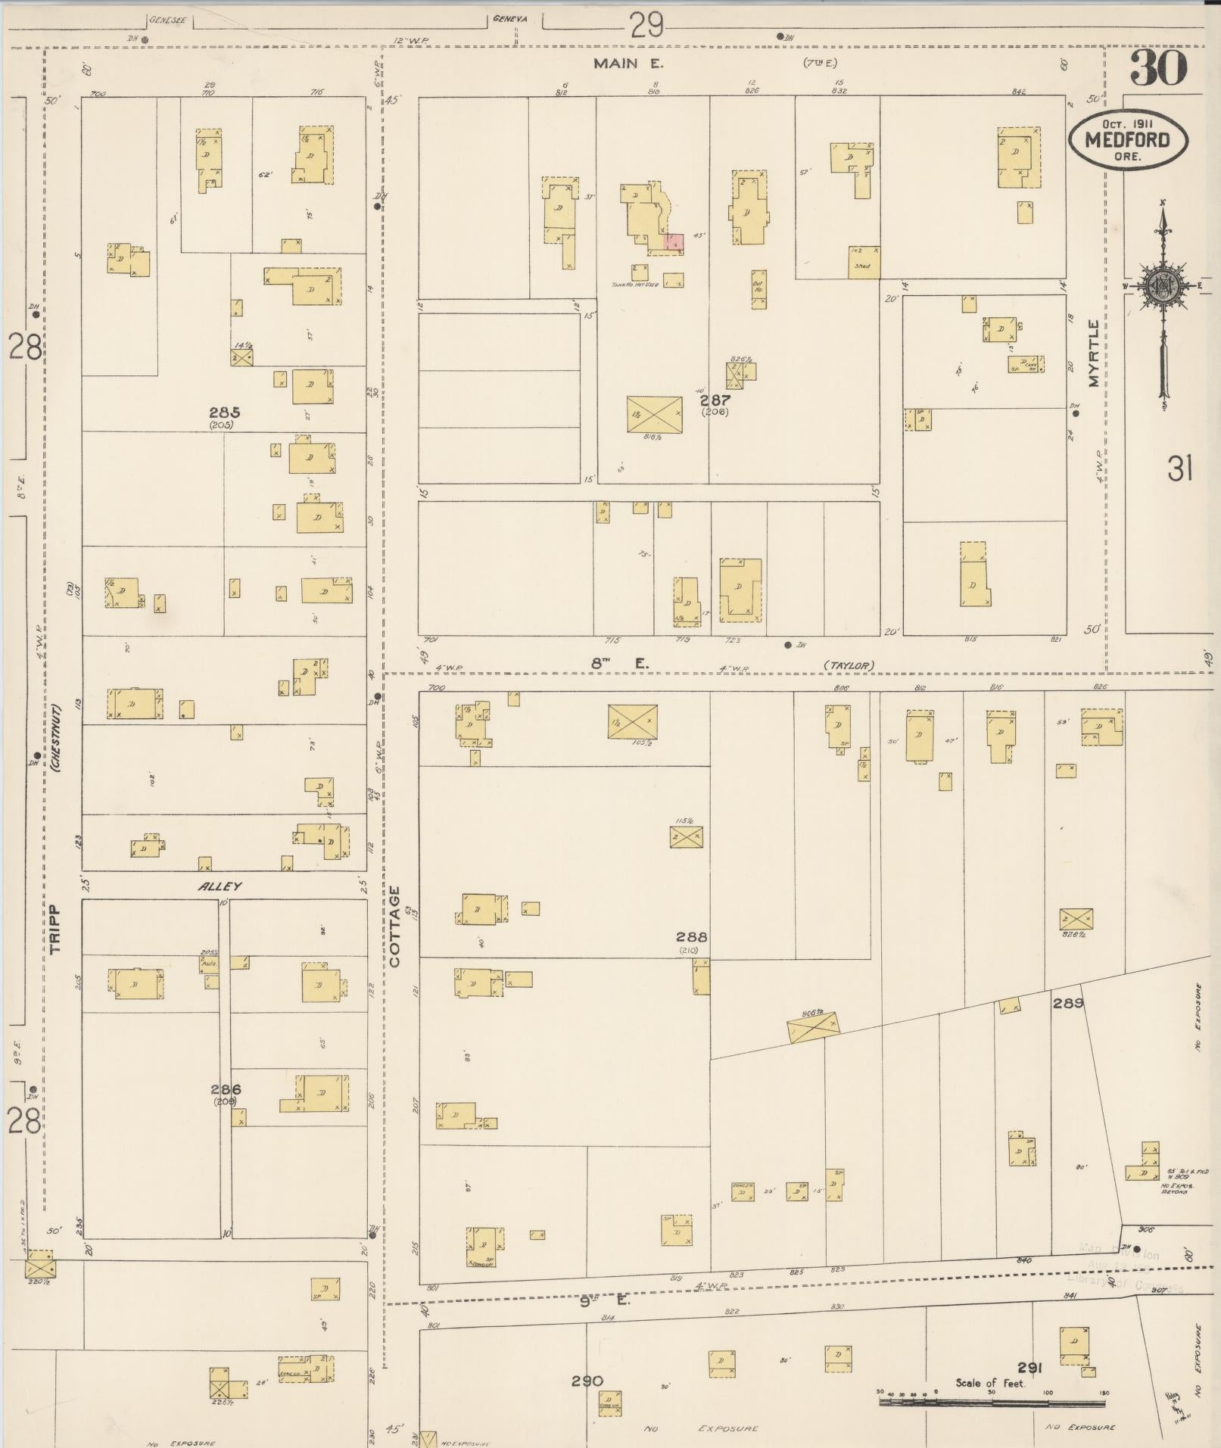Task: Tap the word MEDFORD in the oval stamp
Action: (x=1127, y=140)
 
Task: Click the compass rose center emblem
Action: (x=1162, y=286)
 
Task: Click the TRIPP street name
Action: (x=55, y=928)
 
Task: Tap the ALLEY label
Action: (x=220, y=886)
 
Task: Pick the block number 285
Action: (x=224, y=413)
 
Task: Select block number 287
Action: (x=714, y=400)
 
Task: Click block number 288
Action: (x=693, y=936)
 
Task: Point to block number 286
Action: (x=226, y=1089)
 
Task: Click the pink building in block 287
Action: (x=674, y=241)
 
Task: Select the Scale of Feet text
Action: (x=989, y=1383)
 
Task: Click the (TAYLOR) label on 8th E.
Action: (x=849, y=665)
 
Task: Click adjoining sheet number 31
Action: (x=1179, y=470)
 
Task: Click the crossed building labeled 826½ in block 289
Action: (x=1076, y=919)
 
